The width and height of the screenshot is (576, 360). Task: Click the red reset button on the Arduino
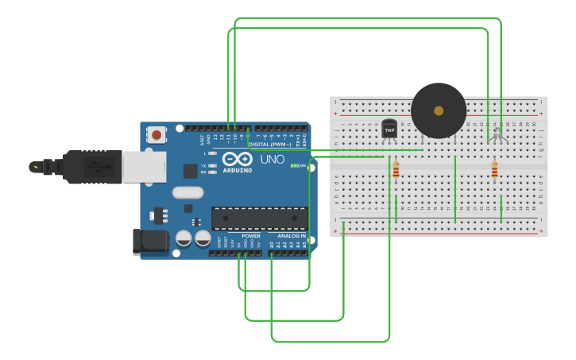click(x=157, y=135)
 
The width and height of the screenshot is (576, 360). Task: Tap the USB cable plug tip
click(x=36, y=167)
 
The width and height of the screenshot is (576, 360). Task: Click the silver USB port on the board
click(x=143, y=167)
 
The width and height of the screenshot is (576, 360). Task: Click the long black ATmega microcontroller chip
click(x=259, y=219)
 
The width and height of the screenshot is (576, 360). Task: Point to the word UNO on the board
click(x=273, y=159)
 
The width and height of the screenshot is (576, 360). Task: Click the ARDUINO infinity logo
click(x=237, y=159)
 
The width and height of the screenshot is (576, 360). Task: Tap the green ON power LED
click(x=295, y=165)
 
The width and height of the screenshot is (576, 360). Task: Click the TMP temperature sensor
click(x=389, y=129)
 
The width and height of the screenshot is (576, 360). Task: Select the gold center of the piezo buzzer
click(x=439, y=110)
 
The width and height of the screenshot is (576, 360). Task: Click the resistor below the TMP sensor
click(x=396, y=170)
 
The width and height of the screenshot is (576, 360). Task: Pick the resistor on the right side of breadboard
click(x=494, y=170)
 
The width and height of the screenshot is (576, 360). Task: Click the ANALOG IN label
click(x=292, y=236)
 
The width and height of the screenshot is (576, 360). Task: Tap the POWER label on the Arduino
click(x=251, y=236)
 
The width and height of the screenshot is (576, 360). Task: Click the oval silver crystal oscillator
click(x=187, y=192)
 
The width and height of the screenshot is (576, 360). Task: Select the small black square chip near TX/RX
click(x=190, y=170)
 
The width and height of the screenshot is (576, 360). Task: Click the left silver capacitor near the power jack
click(x=184, y=238)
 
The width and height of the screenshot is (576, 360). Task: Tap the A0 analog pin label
click(x=272, y=245)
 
